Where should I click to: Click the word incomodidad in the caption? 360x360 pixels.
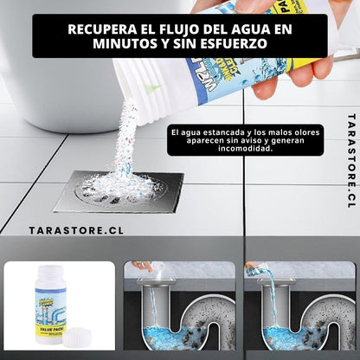231,157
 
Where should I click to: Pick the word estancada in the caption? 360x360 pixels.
216,132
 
